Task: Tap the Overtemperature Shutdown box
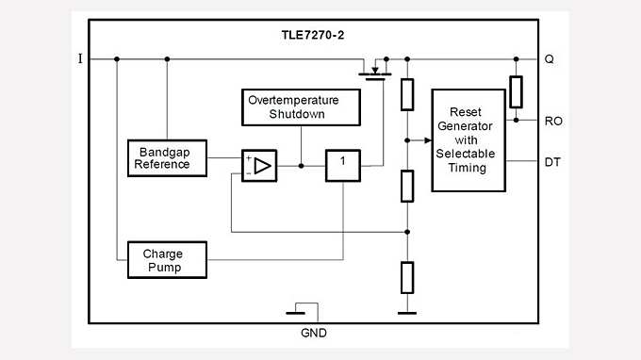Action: click(x=302, y=107)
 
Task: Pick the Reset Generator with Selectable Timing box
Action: click(x=468, y=140)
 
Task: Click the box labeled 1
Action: click(x=343, y=165)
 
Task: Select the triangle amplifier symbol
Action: click(x=259, y=166)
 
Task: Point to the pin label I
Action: click(x=80, y=58)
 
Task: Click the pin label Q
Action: click(x=549, y=58)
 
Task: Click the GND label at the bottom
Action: click(x=315, y=333)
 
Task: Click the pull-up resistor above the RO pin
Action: click(x=516, y=91)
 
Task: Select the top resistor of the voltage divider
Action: click(x=407, y=94)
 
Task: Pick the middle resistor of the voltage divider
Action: click(x=407, y=186)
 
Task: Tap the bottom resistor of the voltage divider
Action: click(x=407, y=277)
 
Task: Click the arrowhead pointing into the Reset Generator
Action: click(x=425, y=140)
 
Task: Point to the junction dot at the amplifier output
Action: click(x=301, y=166)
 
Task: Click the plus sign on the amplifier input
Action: click(x=248, y=159)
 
